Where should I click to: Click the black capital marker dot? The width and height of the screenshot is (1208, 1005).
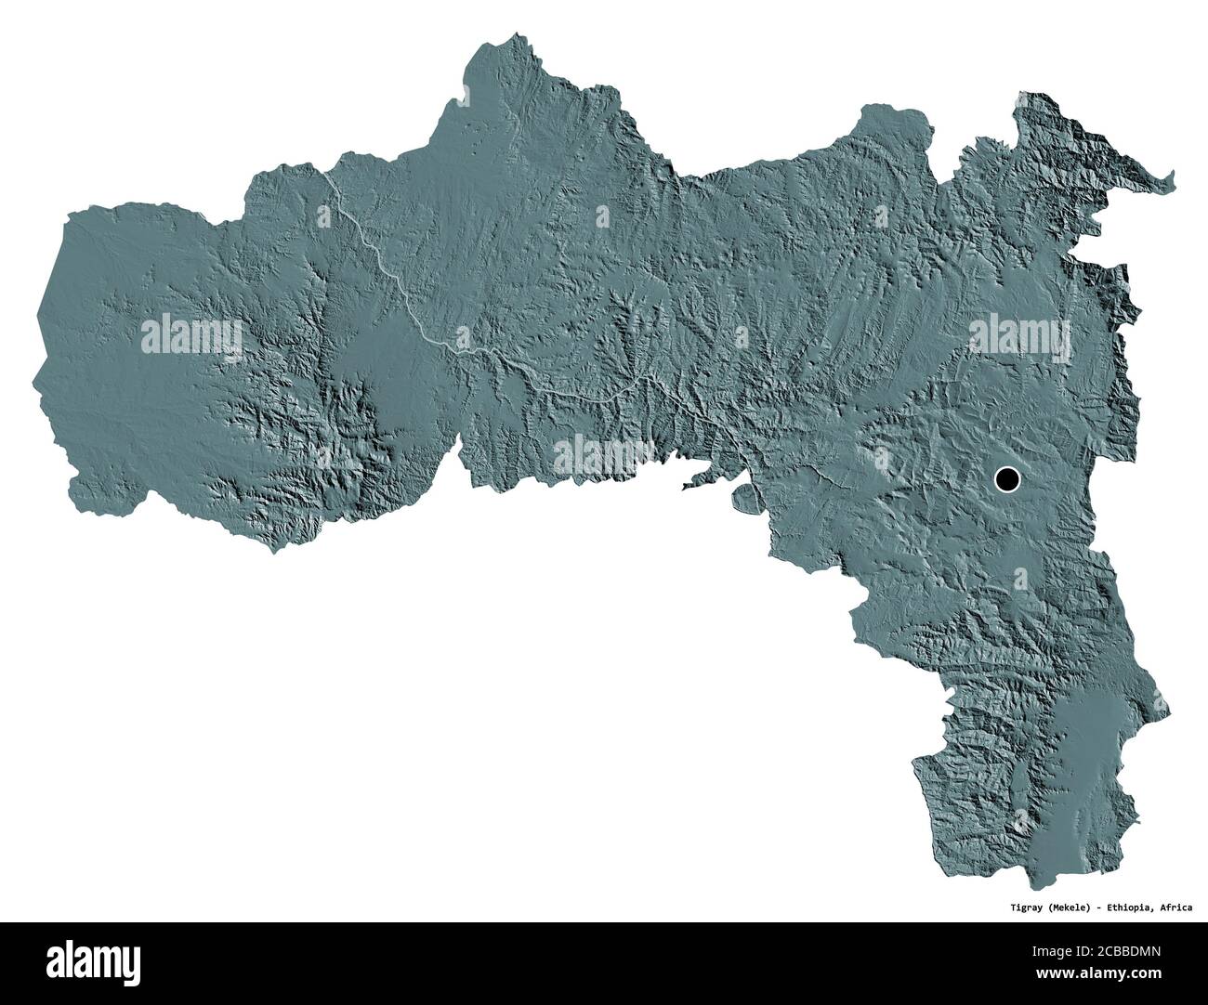click(1006, 479)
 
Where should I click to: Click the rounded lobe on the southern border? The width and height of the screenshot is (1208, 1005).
click(742, 497)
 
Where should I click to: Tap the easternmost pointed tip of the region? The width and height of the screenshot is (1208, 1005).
click(1174, 176)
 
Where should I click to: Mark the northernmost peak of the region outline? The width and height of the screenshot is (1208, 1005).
click(506, 37)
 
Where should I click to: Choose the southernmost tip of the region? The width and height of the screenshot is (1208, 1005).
click(1031, 887)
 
